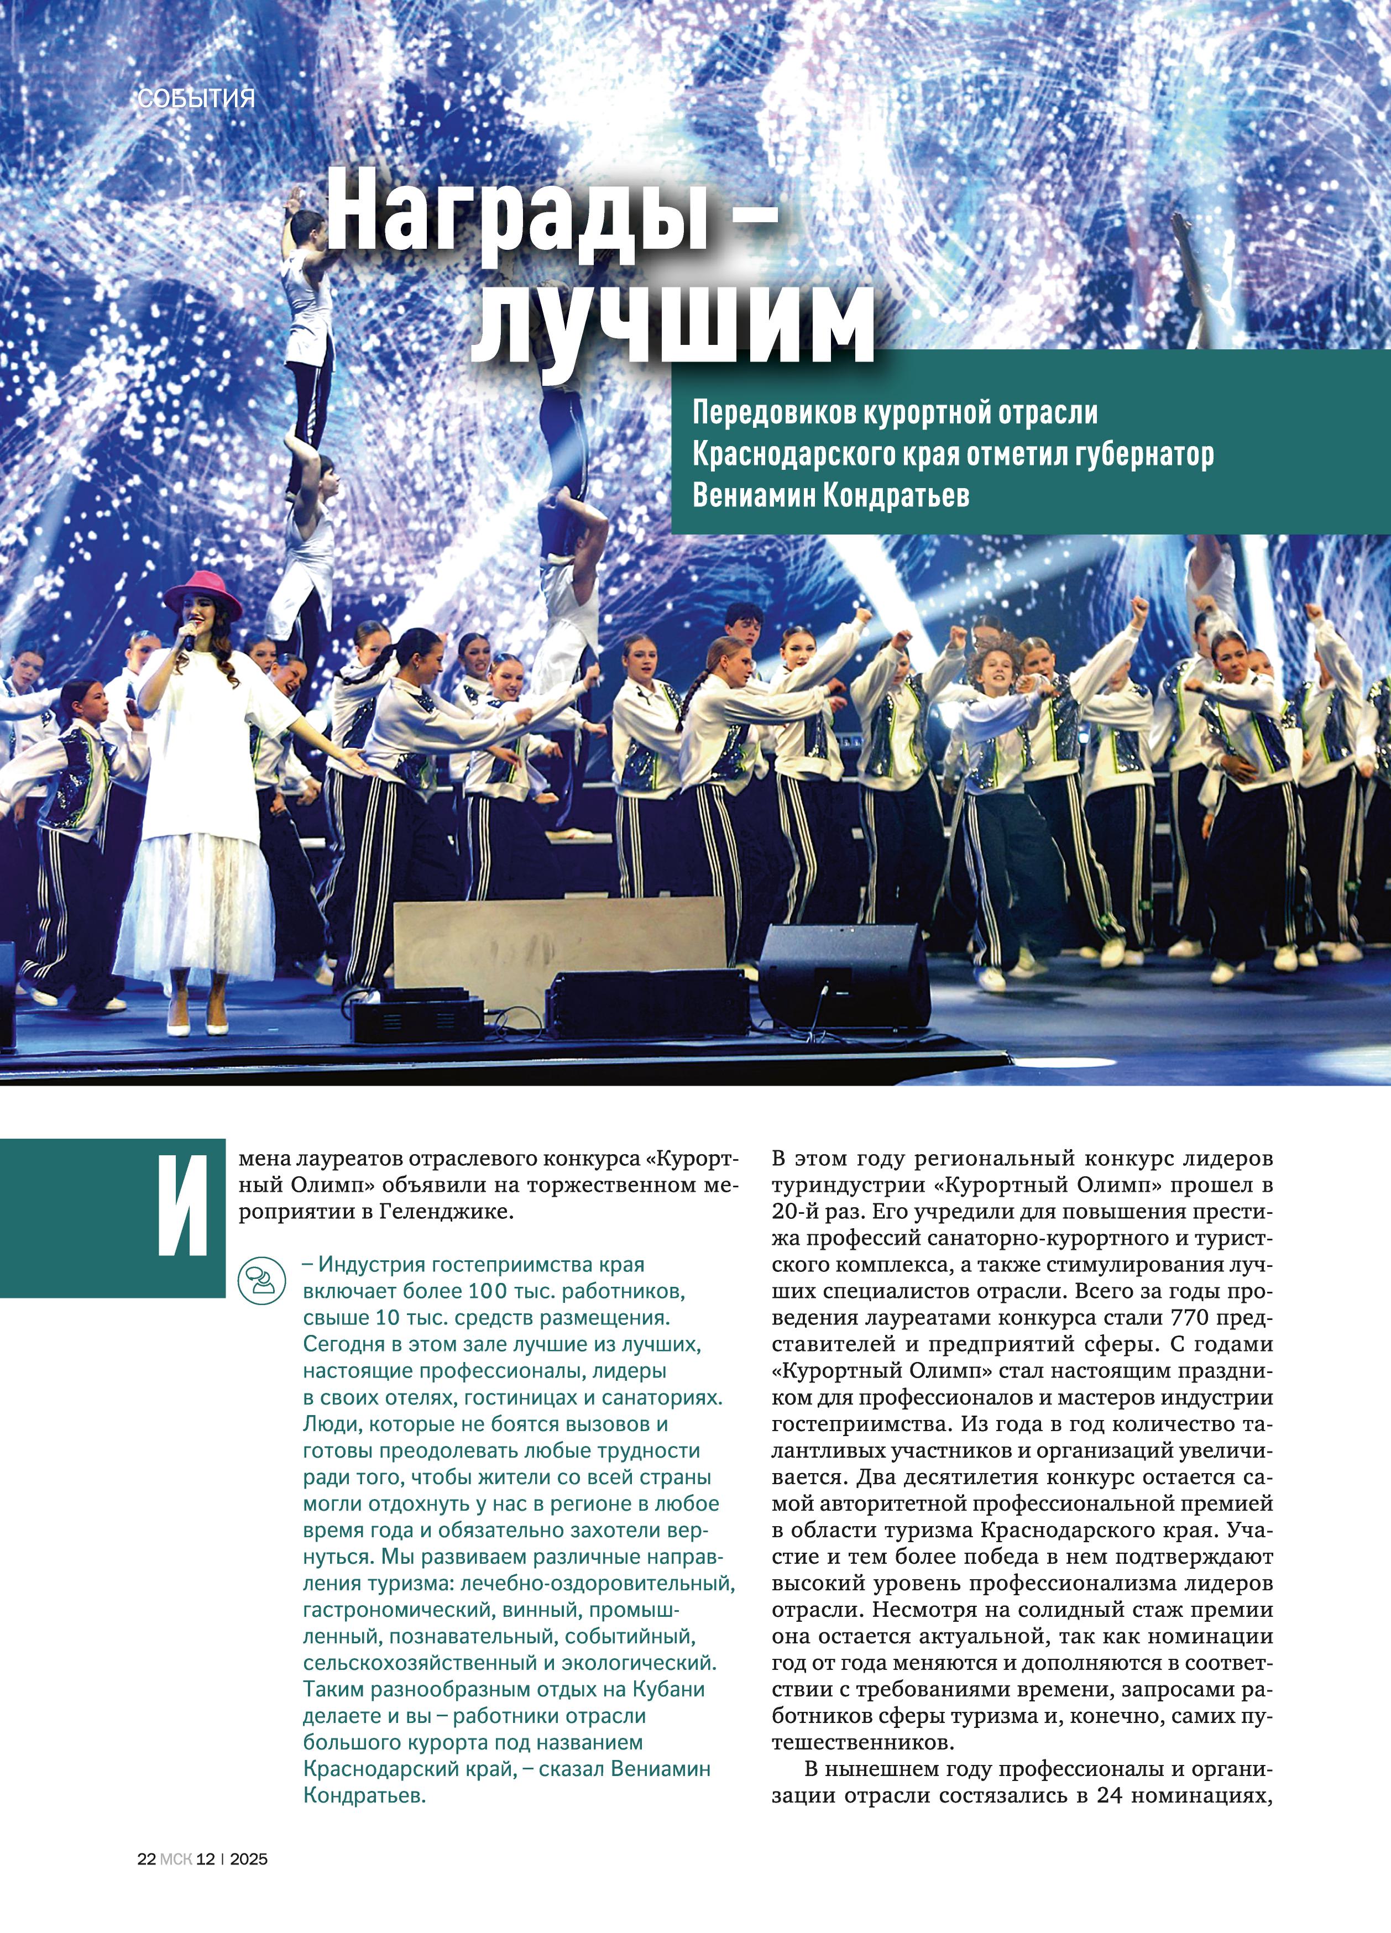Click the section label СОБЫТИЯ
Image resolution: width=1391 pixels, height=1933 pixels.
(x=196, y=99)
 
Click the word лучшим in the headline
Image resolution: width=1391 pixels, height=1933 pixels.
(x=673, y=324)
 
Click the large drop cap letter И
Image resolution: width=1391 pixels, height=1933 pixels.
(x=183, y=1206)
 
